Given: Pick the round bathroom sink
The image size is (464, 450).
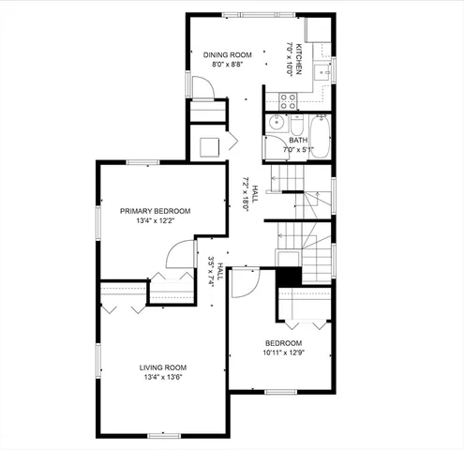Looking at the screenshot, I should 277,123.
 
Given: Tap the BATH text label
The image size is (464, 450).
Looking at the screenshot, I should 298,141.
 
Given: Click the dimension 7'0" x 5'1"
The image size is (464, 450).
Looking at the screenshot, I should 298,150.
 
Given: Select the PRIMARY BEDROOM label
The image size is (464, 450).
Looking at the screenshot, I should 155,212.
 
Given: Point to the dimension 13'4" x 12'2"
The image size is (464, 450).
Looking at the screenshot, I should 155,222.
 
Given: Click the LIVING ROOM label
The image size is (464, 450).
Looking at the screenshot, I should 164,367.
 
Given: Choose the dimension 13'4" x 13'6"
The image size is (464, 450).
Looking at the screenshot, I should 164,378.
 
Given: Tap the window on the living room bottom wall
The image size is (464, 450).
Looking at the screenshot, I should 164,434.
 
